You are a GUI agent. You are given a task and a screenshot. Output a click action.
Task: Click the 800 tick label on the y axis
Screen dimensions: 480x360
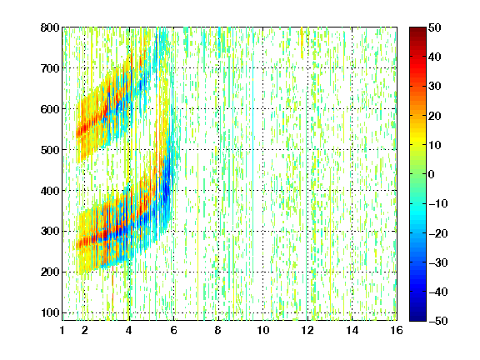tap(50, 27)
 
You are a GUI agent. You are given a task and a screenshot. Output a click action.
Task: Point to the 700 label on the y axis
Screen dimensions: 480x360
tap(50, 68)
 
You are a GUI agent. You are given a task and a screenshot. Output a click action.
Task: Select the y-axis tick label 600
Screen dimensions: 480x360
tap(50, 109)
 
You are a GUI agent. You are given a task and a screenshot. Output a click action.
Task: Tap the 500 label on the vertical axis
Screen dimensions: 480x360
tap(50, 150)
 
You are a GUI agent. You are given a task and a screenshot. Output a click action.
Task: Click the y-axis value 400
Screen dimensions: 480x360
tap(50, 191)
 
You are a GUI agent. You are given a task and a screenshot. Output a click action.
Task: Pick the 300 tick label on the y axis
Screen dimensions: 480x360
tap(50, 231)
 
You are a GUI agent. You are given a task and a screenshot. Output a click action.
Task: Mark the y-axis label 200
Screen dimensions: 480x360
tap(50, 272)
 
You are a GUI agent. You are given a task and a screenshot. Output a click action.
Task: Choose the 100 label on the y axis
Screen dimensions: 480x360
tap(50, 312)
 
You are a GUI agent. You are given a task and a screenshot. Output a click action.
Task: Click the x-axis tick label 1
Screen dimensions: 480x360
tap(62, 330)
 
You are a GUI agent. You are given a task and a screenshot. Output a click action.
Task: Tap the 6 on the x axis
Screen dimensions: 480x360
tap(173, 330)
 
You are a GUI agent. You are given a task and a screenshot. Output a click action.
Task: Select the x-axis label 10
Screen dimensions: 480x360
tap(262, 330)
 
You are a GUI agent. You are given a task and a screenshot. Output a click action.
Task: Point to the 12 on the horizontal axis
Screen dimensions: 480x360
tap(307, 330)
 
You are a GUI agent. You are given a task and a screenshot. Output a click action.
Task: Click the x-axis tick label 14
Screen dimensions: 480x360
tap(352, 330)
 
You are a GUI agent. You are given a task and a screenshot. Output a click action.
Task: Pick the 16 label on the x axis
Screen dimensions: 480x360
tap(397, 330)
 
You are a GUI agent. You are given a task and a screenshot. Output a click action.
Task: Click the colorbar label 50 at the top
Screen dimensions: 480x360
tap(435, 27)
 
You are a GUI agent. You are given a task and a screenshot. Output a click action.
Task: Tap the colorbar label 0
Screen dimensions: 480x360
tap(432, 174)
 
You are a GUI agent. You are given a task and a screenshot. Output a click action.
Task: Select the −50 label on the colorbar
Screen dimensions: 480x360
tap(438, 321)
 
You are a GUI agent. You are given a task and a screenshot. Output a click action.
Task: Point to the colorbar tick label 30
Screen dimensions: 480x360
tap(435, 87)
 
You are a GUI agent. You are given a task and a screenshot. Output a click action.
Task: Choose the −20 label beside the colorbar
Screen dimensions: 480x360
tap(438, 233)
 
